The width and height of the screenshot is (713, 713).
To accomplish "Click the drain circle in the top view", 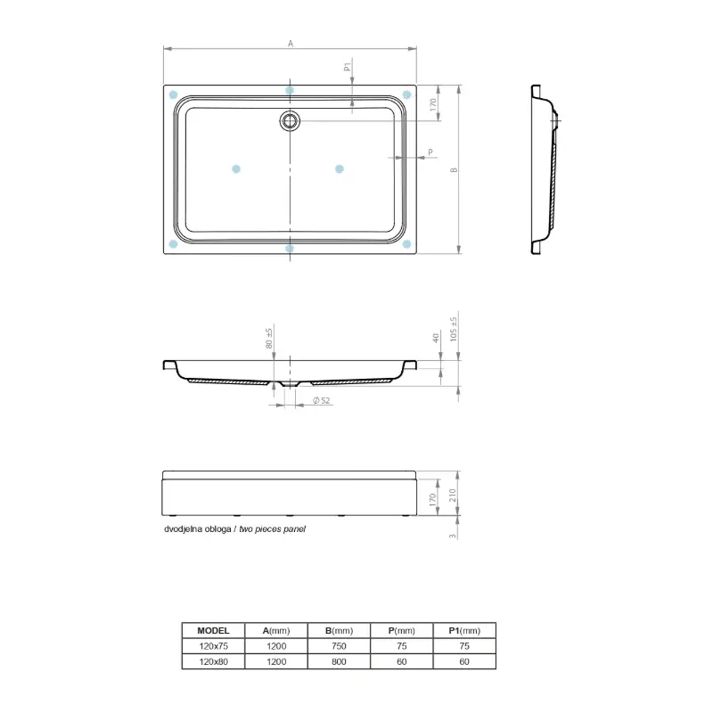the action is (x=290, y=121).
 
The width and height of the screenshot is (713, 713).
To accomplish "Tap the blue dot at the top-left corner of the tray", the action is (x=173, y=94).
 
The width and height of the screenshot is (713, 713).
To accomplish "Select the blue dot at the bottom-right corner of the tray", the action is (x=406, y=243).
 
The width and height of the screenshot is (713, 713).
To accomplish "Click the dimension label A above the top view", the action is (x=291, y=44).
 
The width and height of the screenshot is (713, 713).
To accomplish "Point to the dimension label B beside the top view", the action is (x=454, y=170).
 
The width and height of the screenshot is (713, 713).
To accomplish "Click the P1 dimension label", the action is (x=348, y=67).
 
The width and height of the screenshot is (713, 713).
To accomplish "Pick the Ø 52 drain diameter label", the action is (x=321, y=400).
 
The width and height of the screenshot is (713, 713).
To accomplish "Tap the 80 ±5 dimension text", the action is (x=269, y=339).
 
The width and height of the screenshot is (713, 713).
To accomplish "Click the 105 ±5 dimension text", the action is (x=454, y=329).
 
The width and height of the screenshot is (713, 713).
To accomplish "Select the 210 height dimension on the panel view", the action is (x=453, y=496).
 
